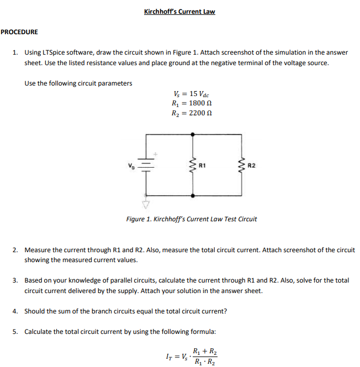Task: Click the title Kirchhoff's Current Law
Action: point(179,11)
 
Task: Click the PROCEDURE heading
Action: point(19,32)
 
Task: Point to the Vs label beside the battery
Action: point(131,164)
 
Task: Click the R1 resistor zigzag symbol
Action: point(193,164)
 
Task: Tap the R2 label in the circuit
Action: point(251,164)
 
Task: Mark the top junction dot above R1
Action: point(193,134)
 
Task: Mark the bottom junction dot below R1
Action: point(193,195)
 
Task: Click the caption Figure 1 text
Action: point(191,219)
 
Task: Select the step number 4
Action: point(15,311)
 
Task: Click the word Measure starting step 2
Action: point(37,250)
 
